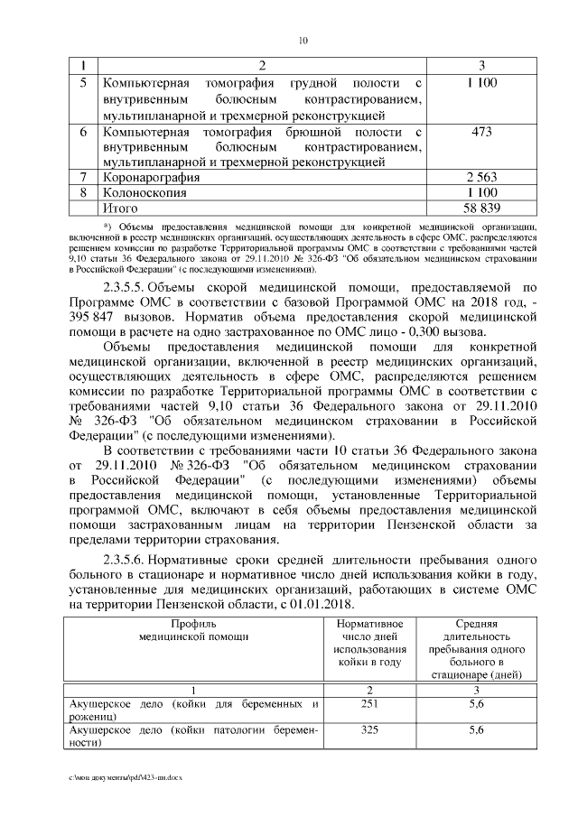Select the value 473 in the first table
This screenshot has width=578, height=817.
point(481,132)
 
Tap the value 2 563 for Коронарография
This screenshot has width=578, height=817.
point(481,178)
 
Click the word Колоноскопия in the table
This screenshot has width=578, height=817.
point(145,193)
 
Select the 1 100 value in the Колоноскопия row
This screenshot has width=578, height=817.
point(481,193)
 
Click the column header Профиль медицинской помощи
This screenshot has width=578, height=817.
point(195,630)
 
